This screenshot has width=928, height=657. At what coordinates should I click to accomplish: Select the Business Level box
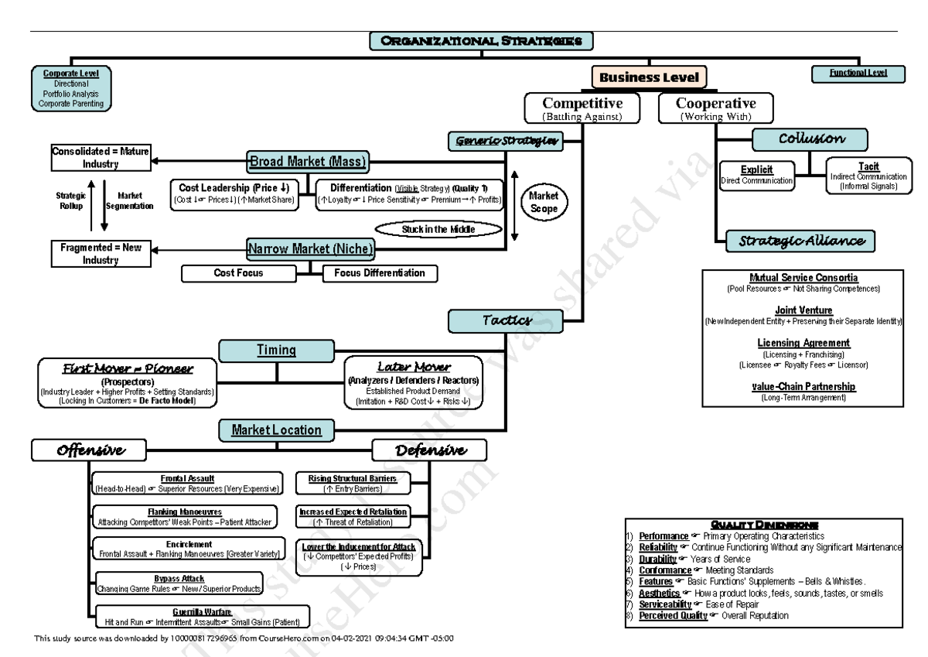[650, 77]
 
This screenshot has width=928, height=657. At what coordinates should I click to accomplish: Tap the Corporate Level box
[71, 88]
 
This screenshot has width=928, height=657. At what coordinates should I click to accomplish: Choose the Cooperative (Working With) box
[716, 108]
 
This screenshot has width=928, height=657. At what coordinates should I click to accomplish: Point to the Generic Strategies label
[504, 140]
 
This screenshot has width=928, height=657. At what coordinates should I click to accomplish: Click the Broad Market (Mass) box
[307, 163]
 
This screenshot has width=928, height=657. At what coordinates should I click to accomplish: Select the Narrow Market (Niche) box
[310, 249]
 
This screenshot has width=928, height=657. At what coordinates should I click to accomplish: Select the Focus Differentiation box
[379, 273]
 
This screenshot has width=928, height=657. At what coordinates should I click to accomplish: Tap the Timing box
[277, 351]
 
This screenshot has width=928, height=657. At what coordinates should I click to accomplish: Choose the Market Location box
[277, 429]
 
